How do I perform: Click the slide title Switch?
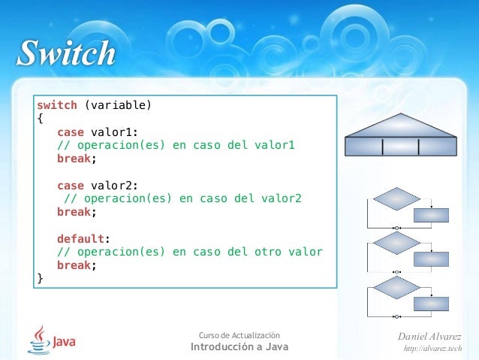[x=67, y=55]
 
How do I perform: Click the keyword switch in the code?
[x=57, y=105]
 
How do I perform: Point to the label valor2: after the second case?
[x=114, y=186]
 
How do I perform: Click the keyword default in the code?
[x=80, y=238]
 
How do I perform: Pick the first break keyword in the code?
[x=75, y=159]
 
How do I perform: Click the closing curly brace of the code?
[x=41, y=279]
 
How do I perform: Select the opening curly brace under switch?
[x=41, y=119]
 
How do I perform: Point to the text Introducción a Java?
[x=239, y=346]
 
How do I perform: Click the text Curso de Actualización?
[x=239, y=334]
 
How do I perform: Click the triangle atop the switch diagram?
[x=401, y=125]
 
